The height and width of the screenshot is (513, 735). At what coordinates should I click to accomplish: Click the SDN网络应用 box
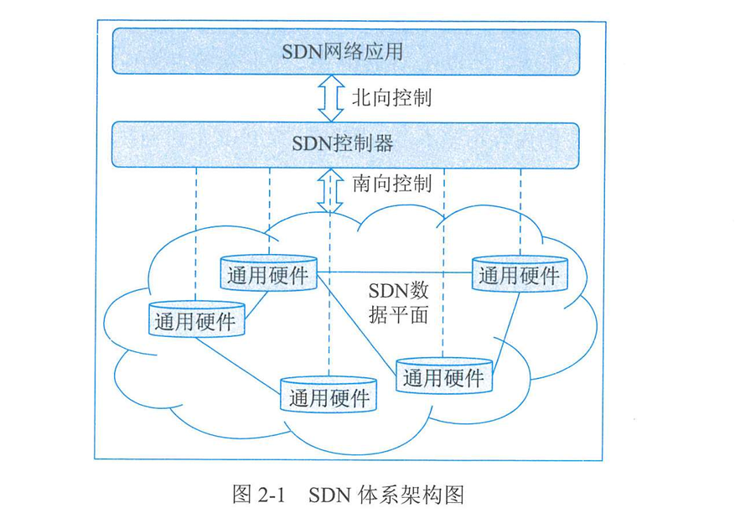click(x=345, y=52)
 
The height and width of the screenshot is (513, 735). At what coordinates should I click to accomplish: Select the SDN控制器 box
click(x=345, y=143)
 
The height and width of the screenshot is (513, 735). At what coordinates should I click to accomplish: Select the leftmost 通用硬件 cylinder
click(x=194, y=319)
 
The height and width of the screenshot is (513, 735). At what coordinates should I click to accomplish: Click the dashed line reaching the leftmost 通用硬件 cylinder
click(x=195, y=235)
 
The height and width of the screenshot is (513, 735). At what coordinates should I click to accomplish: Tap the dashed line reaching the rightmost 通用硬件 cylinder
click(x=520, y=210)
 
